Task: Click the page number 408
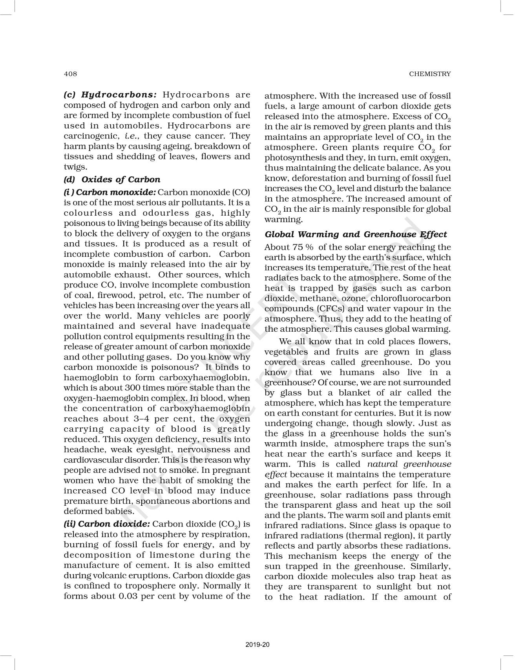click(70, 74)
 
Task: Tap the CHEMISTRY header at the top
click(430, 74)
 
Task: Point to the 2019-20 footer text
click(257, 645)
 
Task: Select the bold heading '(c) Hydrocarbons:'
click(110, 95)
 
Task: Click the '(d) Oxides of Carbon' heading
click(112, 180)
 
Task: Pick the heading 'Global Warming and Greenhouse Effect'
click(356, 234)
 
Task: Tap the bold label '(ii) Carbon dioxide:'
click(107, 524)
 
